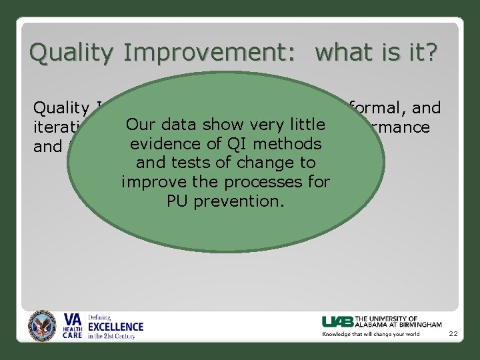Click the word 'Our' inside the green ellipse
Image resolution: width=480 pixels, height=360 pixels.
tap(141, 125)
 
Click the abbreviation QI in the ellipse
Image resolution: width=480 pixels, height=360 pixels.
tap(239, 144)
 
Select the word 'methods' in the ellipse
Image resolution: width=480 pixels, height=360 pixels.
tap(289, 144)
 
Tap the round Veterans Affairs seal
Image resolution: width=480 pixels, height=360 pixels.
tap(43, 326)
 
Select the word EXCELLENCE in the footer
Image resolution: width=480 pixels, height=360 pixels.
tap(116, 327)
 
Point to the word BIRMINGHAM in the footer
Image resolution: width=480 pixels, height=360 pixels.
tap(417, 325)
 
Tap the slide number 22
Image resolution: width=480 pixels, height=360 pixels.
tap(453, 334)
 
